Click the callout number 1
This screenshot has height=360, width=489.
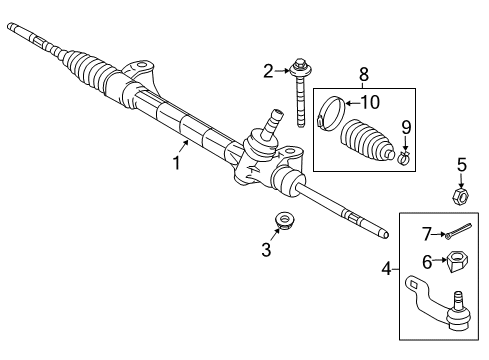click(177, 160)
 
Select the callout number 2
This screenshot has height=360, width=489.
click(269, 70)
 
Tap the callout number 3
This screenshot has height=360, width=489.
click(266, 250)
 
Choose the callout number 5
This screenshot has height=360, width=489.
click(462, 165)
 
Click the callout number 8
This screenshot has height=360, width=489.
click(363, 72)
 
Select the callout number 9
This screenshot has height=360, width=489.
click(405, 126)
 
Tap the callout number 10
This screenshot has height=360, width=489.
click(370, 101)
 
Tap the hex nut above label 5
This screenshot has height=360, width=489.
click(461, 195)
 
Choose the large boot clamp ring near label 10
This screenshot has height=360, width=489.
click(333, 111)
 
